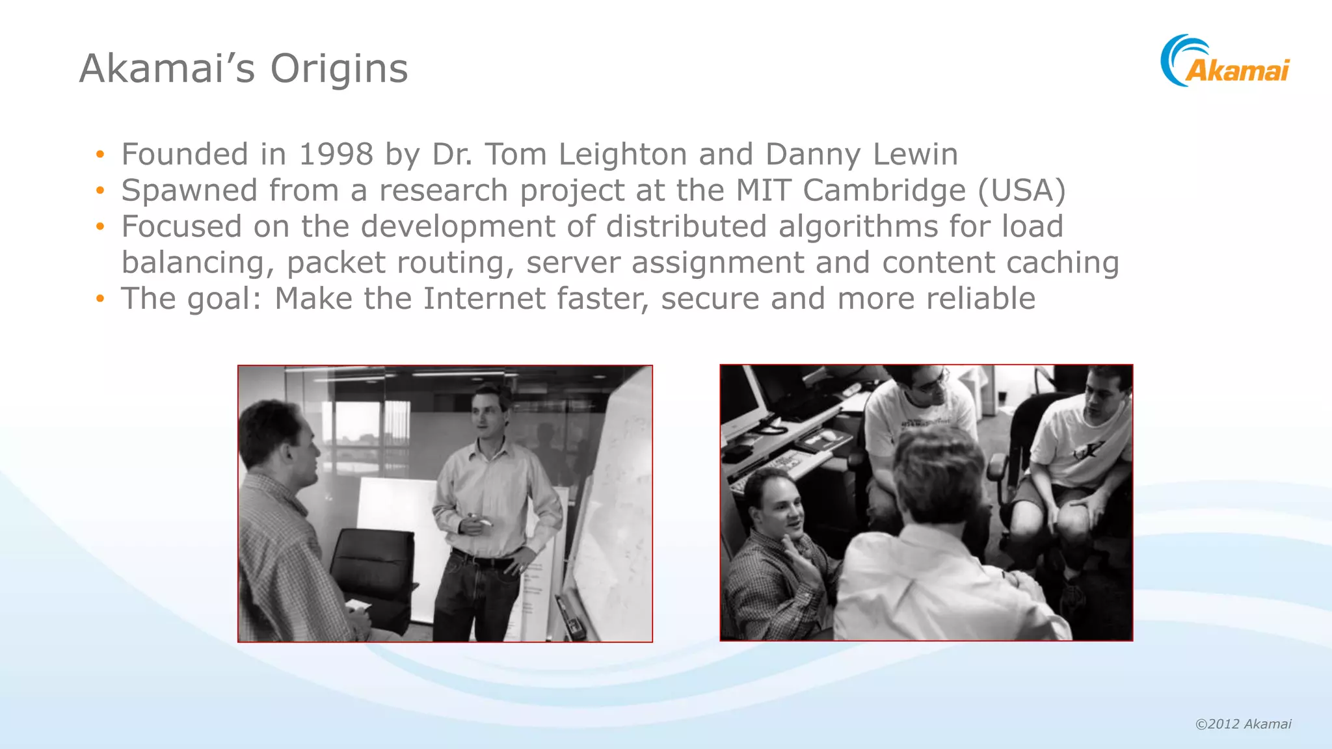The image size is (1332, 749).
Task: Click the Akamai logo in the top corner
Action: point(1225,62)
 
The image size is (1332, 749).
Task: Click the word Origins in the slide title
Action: point(339,69)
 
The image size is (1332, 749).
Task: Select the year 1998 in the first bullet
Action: point(336,155)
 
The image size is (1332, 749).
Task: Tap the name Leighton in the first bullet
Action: point(622,155)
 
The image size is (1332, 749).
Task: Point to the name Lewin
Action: point(915,155)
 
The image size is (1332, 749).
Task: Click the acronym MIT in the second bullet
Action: point(764,191)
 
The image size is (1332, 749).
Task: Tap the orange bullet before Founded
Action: point(100,155)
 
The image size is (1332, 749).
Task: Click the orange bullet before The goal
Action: point(100,299)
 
